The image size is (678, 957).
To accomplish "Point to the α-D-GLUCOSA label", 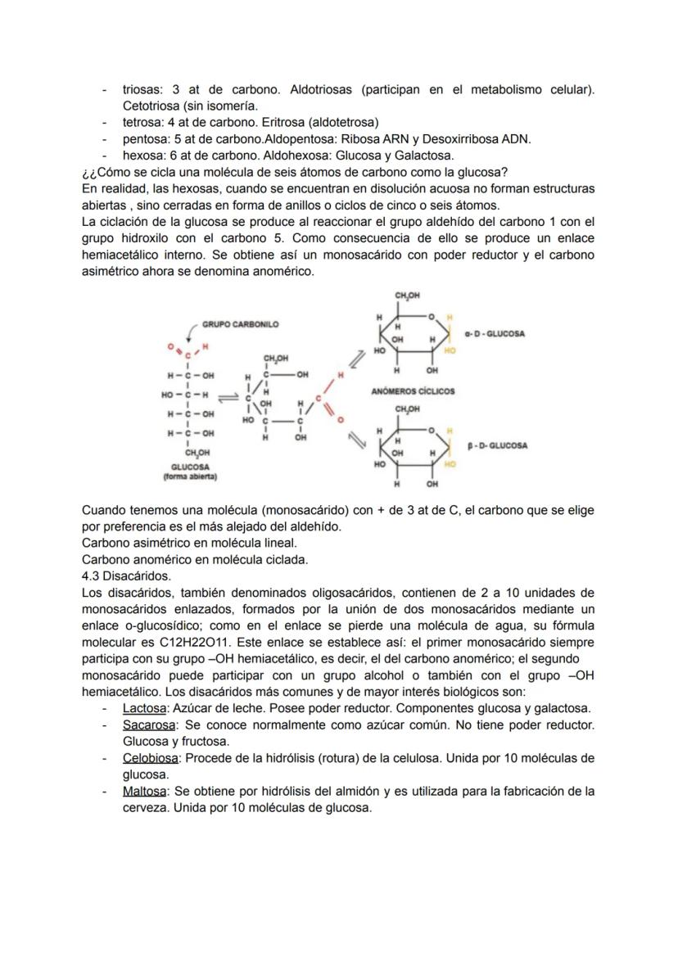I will click(x=495, y=334).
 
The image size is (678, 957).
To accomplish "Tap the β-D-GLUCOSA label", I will click(x=498, y=446).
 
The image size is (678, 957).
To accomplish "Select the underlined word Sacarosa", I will click(x=148, y=725).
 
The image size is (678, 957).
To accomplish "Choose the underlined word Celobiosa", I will click(x=151, y=758).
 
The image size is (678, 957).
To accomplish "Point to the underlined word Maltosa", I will click(x=145, y=791).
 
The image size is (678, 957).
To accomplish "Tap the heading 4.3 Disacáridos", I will click(x=126, y=576).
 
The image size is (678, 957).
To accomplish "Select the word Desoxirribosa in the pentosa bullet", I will click(x=458, y=139).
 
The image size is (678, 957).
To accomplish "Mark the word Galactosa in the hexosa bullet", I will click(x=423, y=156).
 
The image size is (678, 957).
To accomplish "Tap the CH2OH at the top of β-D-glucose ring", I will click(x=407, y=408).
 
